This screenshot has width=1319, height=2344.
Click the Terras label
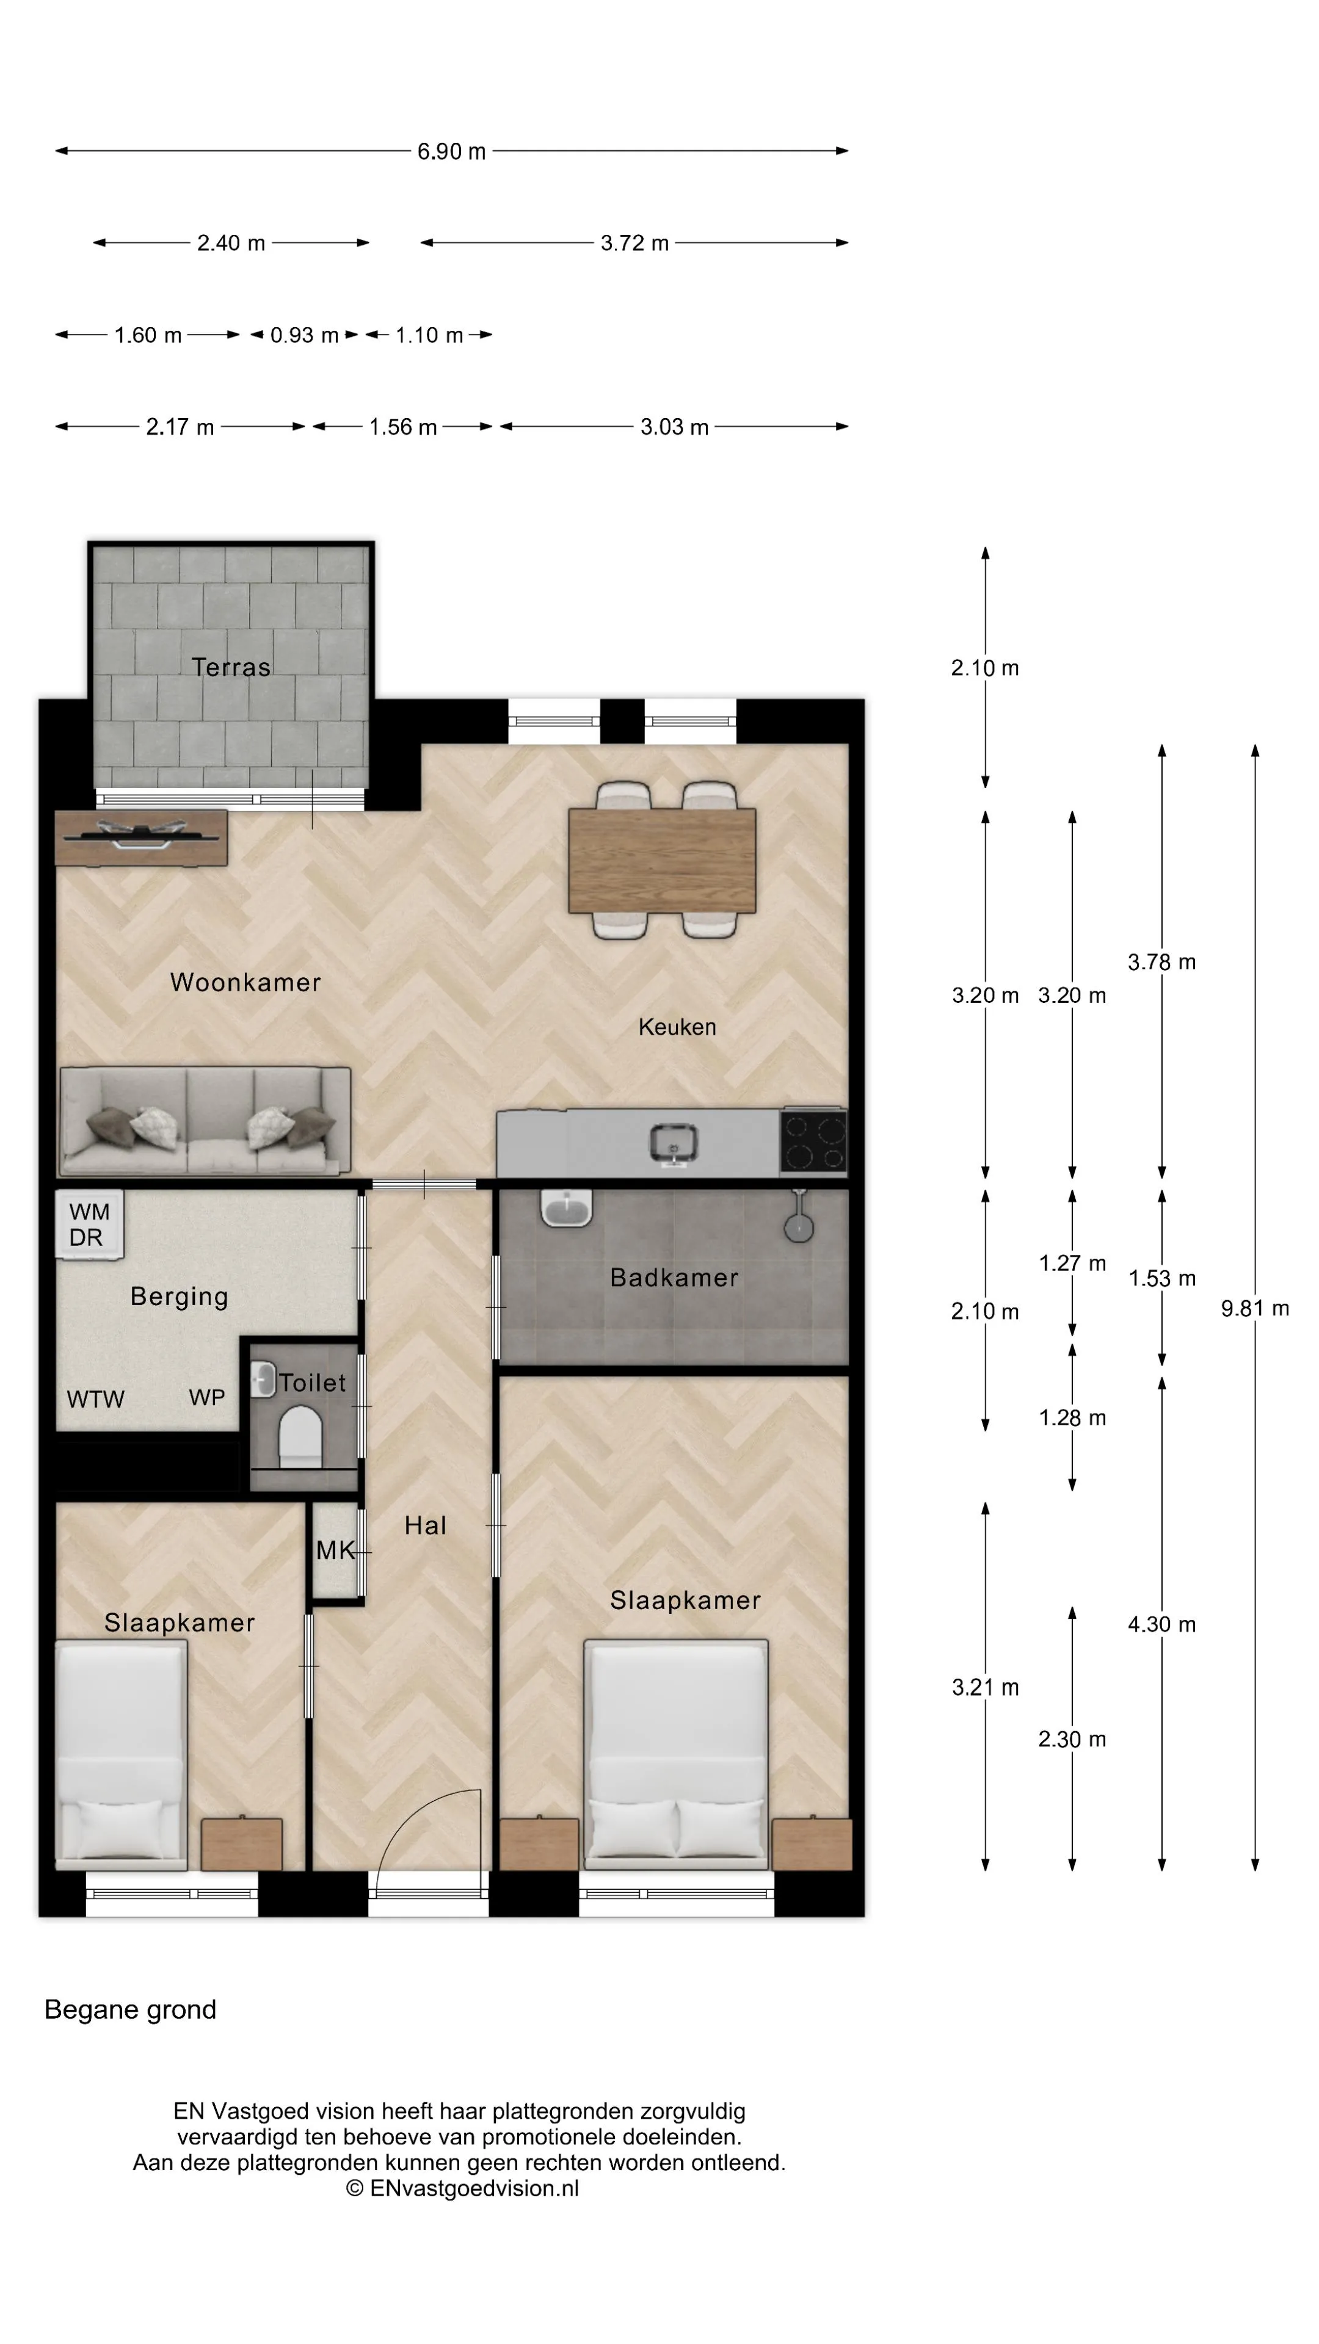click(231, 667)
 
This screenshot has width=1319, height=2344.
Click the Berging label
click(180, 1297)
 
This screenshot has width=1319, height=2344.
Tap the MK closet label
click(335, 1550)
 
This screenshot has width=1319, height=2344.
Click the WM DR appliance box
click(89, 1224)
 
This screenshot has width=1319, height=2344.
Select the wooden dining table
click(662, 860)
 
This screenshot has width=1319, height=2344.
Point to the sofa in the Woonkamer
click(205, 1121)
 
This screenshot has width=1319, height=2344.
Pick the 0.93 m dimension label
click(304, 335)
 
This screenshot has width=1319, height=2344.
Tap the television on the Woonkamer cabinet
click(141, 835)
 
